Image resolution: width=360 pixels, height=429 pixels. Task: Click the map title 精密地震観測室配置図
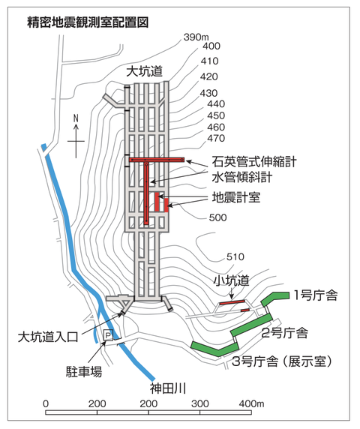(88, 22)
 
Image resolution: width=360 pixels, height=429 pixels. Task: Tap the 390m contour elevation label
(196, 37)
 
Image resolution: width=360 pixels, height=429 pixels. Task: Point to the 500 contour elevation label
(218, 217)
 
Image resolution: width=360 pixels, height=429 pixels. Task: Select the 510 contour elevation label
(235, 256)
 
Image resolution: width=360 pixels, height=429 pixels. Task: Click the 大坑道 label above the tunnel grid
(145, 71)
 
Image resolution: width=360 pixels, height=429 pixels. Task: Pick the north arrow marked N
(76, 136)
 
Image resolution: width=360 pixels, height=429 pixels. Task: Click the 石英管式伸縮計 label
(254, 162)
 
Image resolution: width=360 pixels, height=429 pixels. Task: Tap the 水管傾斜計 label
(242, 177)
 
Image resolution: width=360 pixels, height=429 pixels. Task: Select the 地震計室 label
(236, 197)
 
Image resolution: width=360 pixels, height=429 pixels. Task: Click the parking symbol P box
(108, 334)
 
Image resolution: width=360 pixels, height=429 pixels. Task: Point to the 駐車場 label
(84, 371)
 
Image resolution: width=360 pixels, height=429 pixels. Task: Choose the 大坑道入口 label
(48, 337)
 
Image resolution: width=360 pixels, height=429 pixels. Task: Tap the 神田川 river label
(168, 388)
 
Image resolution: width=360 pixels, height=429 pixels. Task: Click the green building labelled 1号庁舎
(274, 298)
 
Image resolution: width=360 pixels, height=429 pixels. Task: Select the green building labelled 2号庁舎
(252, 325)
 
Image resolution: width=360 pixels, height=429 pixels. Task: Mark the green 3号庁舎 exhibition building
(215, 349)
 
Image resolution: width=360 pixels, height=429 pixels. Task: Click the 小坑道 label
(232, 280)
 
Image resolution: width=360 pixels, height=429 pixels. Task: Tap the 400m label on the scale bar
(251, 403)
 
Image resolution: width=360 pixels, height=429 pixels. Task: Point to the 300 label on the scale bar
(200, 403)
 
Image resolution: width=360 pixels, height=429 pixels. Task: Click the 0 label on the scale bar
(46, 403)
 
